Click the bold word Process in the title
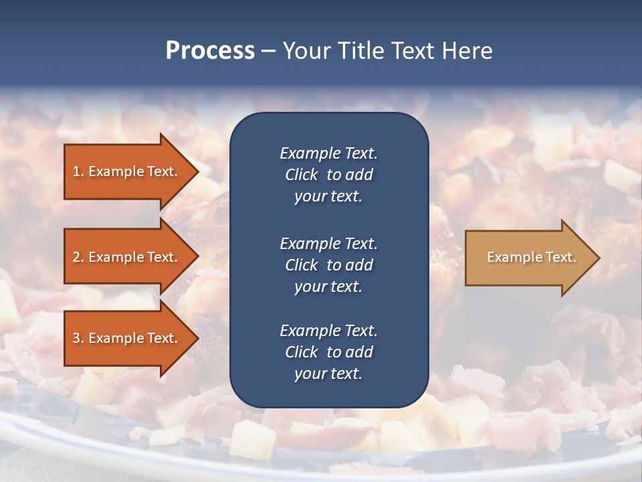pyautogui.click(x=210, y=51)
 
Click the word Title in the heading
pyautogui.click(x=360, y=51)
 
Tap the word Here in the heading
pyautogui.click(x=467, y=51)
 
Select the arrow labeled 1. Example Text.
pyautogui.click(x=127, y=171)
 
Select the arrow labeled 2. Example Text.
pyautogui.click(x=127, y=257)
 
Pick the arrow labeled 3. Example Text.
pyautogui.click(x=127, y=338)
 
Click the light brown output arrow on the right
pyautogui.click(x=528, y=257)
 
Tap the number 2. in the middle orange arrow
pyautogui.click(x=78, y=257)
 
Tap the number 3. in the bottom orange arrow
pyautogui.click(x=78, y=338)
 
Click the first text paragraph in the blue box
pyautogui.click(x=328, y=174)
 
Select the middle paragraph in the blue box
pyautogui.click(x=328, y=264)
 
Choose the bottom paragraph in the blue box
pyautogui.click(x=328, y=352)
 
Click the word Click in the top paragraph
pyautogui.click(x=302, y=175)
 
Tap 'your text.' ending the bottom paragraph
pyautogui.click(x=328, y=374)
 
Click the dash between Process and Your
pyautogui.click(x=268, y=51)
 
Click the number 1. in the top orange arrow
pyautogui.click(x=78, y=171)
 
